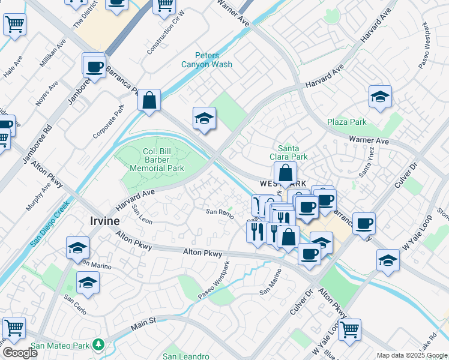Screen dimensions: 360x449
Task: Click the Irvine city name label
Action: click(104, 221)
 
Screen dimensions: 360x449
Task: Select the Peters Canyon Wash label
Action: click(206, 60)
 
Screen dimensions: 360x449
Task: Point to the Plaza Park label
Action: click(347, 122)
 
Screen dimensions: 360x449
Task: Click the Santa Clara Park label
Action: click(292, 152)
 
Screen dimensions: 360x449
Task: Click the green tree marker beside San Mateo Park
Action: click(97, 345)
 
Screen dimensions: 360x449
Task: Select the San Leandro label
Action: click(186, 356)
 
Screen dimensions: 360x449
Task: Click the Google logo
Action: click(20, 353)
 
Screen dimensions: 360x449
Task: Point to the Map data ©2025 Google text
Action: click(412, 355)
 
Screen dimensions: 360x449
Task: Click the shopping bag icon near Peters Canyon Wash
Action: click(149, 100)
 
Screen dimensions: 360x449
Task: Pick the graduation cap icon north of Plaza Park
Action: click(380, 97)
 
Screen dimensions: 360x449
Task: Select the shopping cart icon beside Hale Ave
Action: click(14, 25)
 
